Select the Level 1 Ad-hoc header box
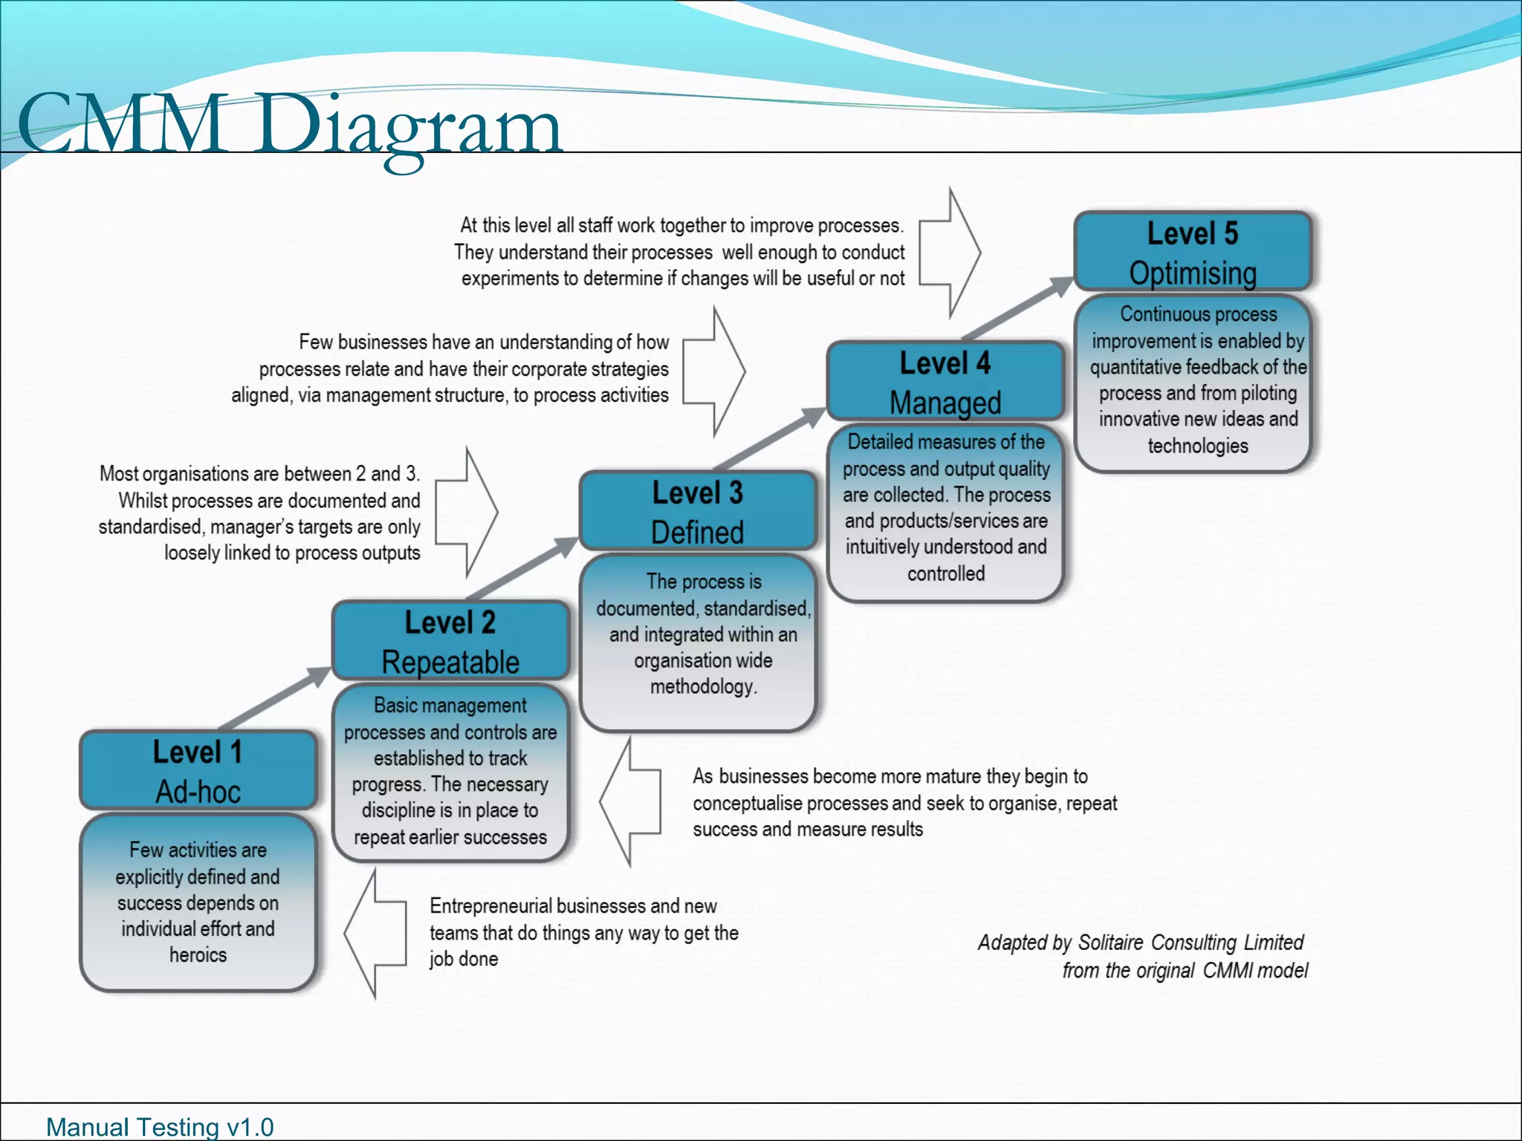(198, 770)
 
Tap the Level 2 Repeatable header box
(450, 640)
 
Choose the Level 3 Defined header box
(697, 511)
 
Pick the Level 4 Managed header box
(945, 381)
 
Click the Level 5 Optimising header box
(1193, 251)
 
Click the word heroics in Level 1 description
(198, 955)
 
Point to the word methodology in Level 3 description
(703, 687)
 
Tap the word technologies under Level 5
(1198, 446)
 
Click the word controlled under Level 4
(945, 574)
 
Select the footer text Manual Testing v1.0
(160, 1127)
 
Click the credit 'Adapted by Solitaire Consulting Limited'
(1140, 943)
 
